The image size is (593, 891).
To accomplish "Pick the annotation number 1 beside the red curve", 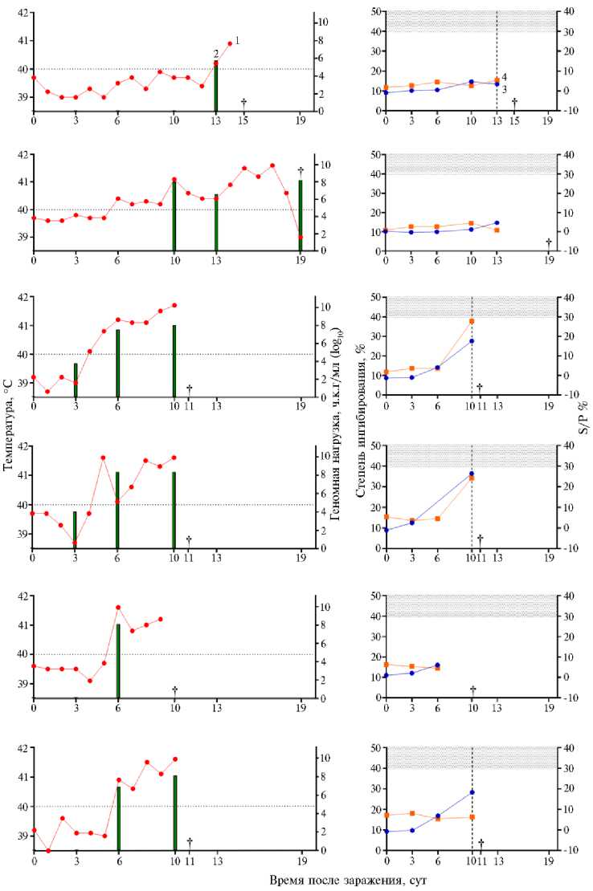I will (x=238, y=40).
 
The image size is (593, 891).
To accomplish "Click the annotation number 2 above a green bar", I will (x=216, y=53).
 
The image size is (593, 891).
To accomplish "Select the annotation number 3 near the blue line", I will (x=504, y=89).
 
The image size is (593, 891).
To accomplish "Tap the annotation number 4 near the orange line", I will (x=504, y=76).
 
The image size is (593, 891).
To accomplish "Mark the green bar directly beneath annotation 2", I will (x=216, y=88).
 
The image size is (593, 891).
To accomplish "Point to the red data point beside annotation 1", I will (x=230, y=43).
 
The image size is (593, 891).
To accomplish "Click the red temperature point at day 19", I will (x=301, y=237).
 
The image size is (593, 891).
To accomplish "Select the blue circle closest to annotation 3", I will (x=497, y=83).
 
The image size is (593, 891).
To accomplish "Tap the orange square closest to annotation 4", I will (x=497, y=79).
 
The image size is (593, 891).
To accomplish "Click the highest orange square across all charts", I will (x=472, y=321).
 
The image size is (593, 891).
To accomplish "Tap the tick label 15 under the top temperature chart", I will (x=243, y=120).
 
